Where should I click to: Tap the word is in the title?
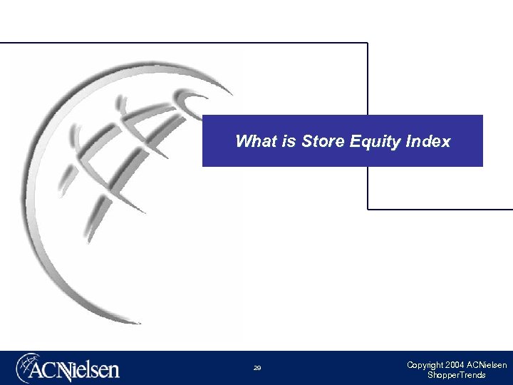[x=288, y=141]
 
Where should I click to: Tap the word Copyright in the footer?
[x=425, y=365]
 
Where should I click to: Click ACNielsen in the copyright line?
[x=487, y=365]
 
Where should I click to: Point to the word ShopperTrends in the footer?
[x=457, y=375]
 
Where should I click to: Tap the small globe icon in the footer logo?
[x=29, y=368]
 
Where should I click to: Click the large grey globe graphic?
[x=107, y=192]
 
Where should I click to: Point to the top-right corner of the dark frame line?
[x=367, y=43]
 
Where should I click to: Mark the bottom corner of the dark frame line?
[x=368, y=209]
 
